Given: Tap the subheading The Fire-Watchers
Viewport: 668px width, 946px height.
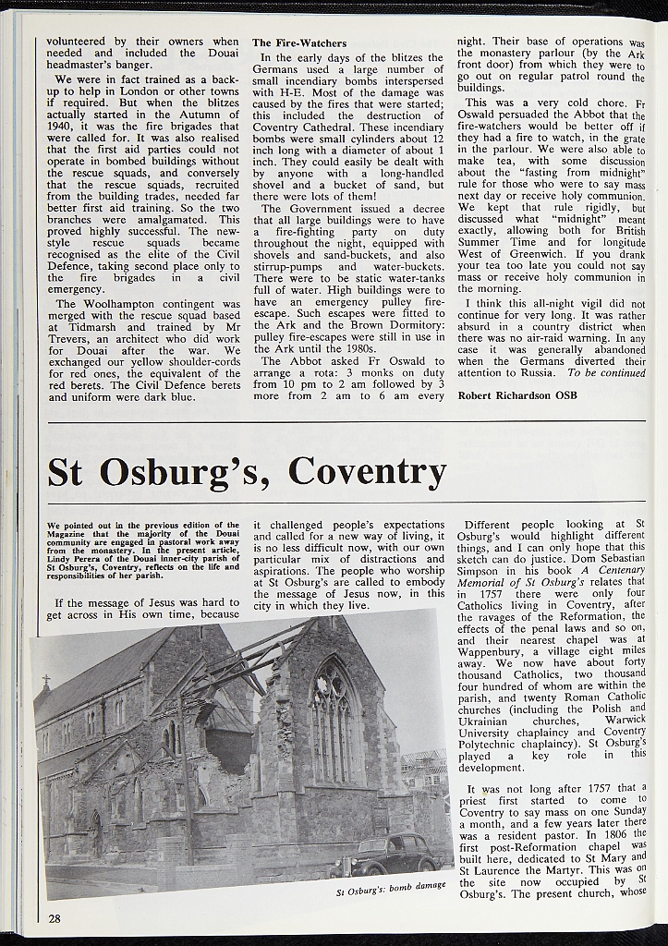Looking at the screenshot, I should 299,42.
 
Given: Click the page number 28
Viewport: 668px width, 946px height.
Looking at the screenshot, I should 55,917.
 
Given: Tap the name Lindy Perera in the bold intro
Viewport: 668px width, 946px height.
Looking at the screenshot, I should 78,558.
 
